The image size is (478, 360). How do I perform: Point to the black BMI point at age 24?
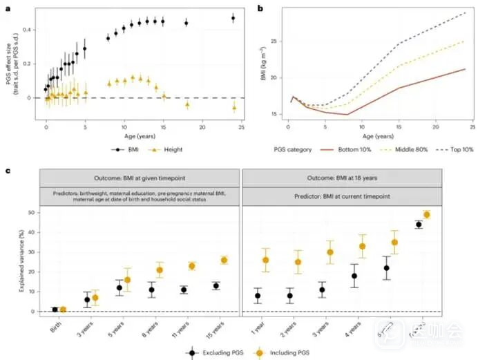coord(233,19)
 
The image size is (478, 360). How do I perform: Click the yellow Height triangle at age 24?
coord(233,107)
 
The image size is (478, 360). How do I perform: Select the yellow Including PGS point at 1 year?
coord(265,260)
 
